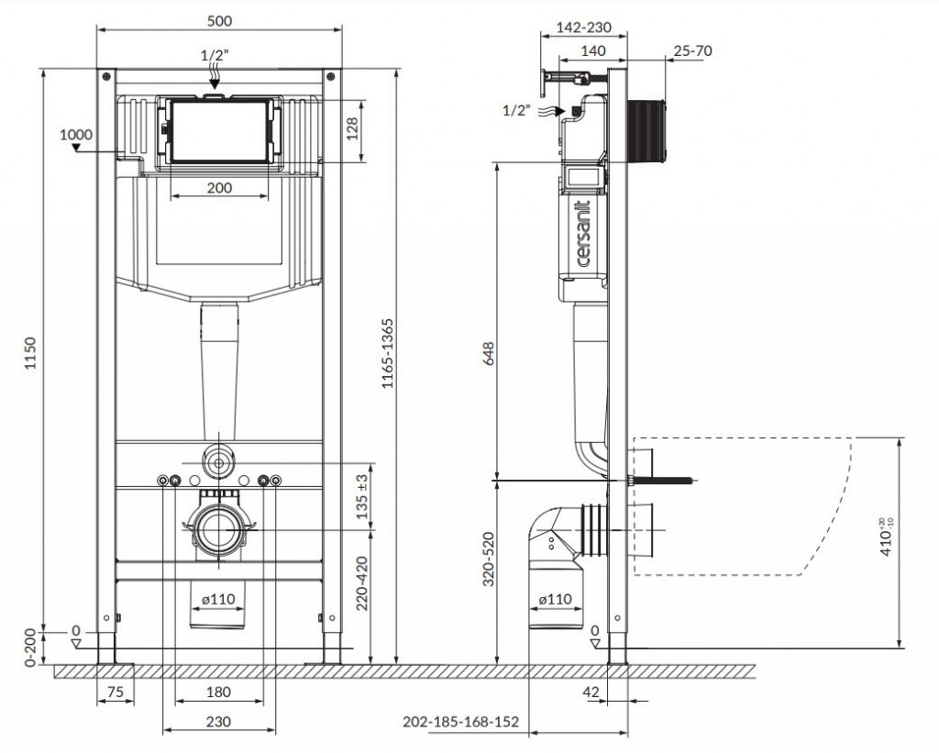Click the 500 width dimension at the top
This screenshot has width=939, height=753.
[219, 20]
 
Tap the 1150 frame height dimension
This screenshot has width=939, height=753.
[30, 353]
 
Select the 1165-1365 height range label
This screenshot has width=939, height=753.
[388, 353]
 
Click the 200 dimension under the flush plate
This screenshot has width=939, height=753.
[219, 187]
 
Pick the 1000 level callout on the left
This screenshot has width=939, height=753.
[76, 134]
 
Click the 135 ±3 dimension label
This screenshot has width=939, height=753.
[362, 496]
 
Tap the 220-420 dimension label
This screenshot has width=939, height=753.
[362, 583]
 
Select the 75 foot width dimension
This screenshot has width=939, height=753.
[115, 692]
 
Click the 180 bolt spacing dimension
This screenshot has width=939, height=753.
[218, 692]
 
